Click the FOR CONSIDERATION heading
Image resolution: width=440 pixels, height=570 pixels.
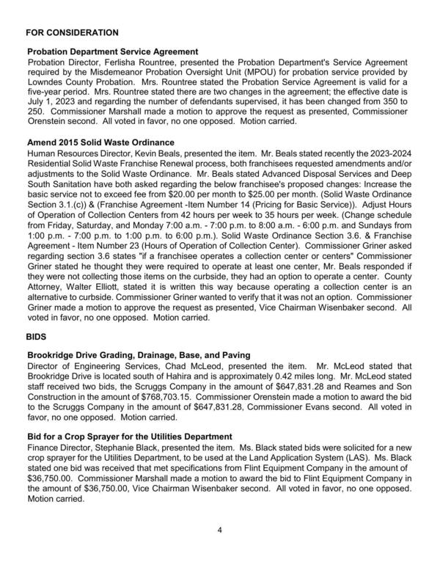(x=72, y=33)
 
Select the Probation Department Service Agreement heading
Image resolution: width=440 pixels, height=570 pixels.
(x=112, y=52)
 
